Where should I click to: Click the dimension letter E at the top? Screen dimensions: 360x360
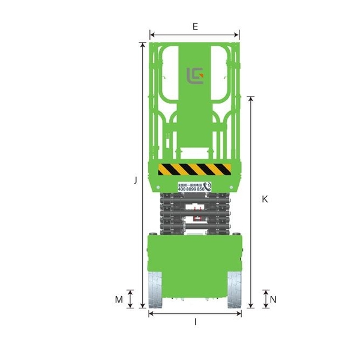click(x=194, y=26)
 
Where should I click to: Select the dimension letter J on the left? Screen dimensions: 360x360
click(x=136, y=179)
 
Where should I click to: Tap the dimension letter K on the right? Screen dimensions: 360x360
click(x=265, y=199)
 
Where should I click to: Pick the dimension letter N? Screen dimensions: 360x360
click(x=273, y=298)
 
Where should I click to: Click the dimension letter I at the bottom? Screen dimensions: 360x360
click(x=195, y=322)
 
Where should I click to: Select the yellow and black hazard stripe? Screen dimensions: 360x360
click(x=194, y=169)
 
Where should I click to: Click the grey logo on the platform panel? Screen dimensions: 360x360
click(x=195, y=77)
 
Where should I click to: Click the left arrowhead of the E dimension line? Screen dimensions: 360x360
click(x=152, y=34)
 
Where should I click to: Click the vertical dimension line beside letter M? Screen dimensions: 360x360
click(x=131, y=298)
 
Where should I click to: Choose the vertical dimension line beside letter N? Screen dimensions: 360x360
click(x=266, y=298)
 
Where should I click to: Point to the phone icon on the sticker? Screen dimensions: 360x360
click(x=208, y=187)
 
